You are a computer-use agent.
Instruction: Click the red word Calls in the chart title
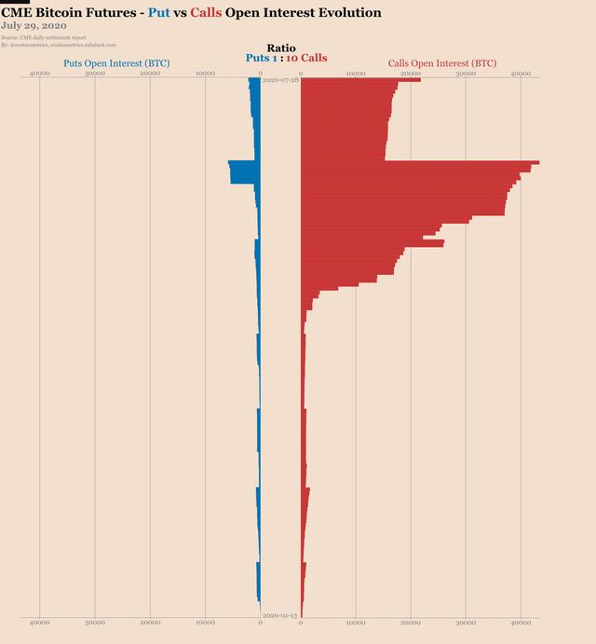click(205, 13)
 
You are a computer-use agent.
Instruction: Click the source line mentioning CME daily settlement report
click(44, 37)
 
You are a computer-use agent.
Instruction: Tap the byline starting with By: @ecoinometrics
click(58, 44)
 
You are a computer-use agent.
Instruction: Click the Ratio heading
click(280, 48)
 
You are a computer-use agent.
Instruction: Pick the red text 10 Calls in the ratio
click(306, 58)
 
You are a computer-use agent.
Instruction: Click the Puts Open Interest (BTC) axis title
click(115, 63)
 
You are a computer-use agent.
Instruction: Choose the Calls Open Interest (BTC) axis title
click(441, 63)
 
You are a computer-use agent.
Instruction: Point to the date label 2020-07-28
click(280, 81)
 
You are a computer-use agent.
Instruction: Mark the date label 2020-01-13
click(280, 615)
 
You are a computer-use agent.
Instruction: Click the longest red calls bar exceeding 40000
click(419, 163)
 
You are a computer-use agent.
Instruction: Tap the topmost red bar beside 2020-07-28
click(359, 79)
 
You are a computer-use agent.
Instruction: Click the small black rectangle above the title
click(15, 2)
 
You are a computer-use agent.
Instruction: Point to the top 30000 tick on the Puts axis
click(94, 73)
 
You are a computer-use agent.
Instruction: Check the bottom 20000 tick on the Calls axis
click(411, 622)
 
